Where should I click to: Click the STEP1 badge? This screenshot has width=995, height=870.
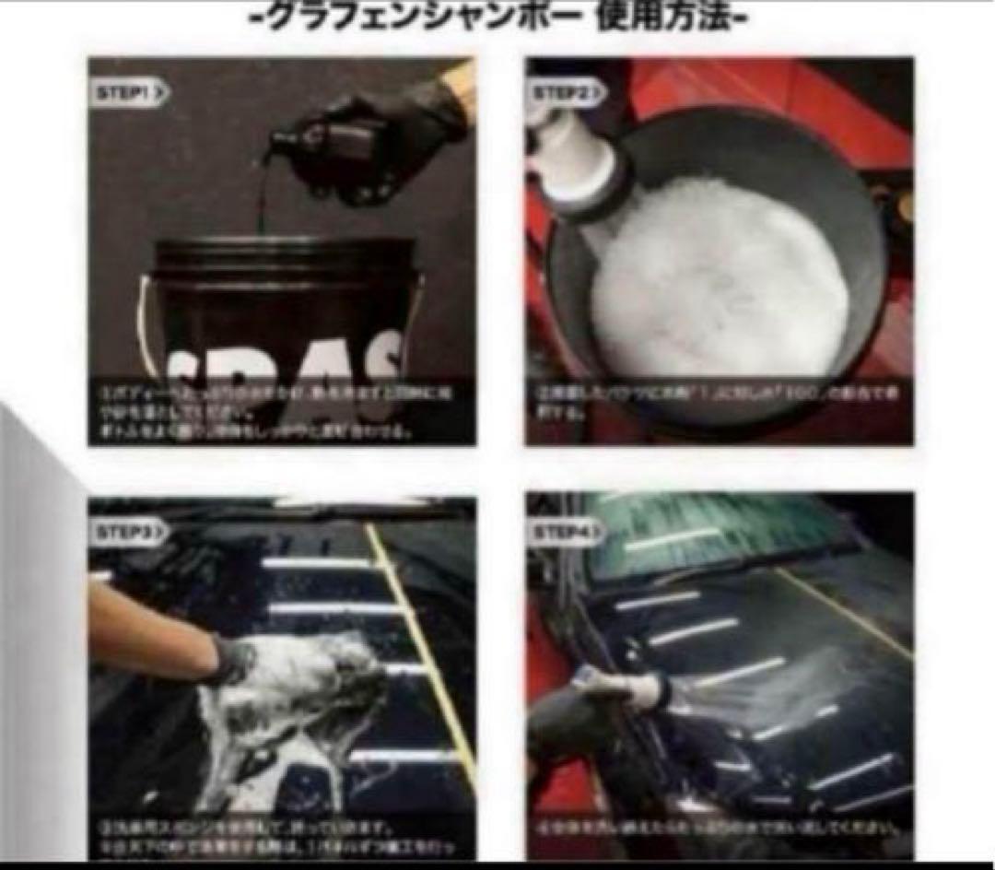tap(130, 92)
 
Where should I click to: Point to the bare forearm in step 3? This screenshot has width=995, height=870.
tap(147, 627)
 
